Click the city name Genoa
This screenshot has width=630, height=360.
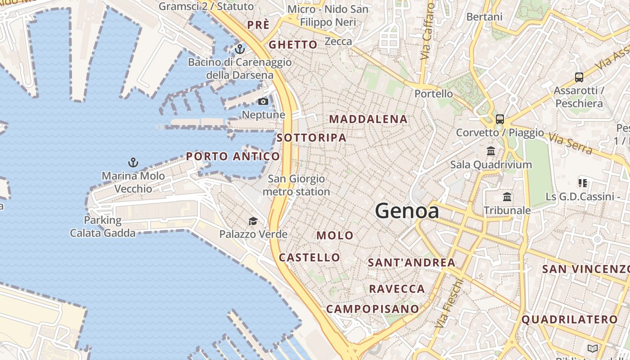(x=407, y=211)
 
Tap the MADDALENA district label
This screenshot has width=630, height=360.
(x=369, y=119)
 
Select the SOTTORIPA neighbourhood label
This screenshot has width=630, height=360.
(x=312, y=138)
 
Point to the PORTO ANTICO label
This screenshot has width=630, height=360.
(x=233, y=157)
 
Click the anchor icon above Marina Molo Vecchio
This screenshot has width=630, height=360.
(x=133, y=162)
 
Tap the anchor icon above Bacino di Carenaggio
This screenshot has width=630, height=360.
(x=240, y=49)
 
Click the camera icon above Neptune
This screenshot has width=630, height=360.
(x=263, y=102)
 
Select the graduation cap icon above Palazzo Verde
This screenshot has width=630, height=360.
(x=253, y=221)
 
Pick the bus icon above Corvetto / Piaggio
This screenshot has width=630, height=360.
(x=500, y=119)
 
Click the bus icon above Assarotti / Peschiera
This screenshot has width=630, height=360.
(x=579, y=77)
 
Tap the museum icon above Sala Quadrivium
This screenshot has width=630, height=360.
(x=491, y=151)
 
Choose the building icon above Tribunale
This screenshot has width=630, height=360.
(x=507, y=197)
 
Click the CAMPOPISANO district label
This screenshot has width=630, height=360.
(x=373, y=309)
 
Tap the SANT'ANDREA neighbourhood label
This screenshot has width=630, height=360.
(x=412, y=262)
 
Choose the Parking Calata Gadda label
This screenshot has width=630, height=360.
(x=103, y=226)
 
